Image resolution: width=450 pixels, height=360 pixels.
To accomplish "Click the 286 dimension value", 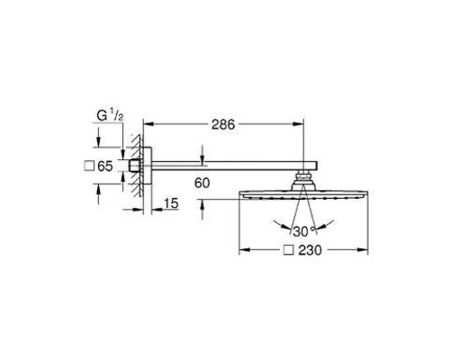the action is point(223,124).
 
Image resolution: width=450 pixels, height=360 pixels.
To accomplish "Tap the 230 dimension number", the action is point(310,250).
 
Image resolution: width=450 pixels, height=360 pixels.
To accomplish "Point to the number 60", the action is point(202,183).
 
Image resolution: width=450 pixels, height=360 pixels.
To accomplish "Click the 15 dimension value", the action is point(171,203).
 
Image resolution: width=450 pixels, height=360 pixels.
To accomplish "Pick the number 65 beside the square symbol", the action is point(105,166).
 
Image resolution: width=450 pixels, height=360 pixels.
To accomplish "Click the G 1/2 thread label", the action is point(110,115).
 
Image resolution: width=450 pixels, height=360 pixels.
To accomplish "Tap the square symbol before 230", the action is point(289,250).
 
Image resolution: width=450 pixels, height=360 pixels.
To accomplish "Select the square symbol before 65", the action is point(89,166).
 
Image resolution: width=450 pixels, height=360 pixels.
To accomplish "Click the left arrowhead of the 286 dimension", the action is point(148,123).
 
